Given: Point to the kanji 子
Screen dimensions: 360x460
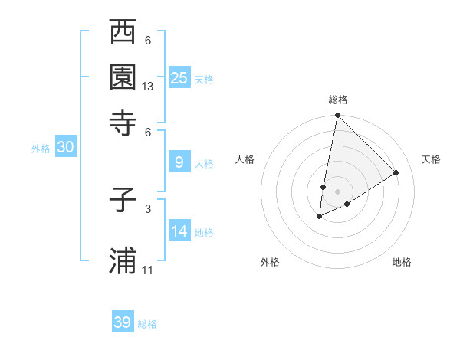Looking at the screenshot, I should pyautogui.click(x=123, y=201).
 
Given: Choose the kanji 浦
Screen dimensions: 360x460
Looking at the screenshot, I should pyautogui.click(x=123, y=260).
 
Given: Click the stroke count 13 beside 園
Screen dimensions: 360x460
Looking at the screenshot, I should pyautogui.click(x=148, y=87).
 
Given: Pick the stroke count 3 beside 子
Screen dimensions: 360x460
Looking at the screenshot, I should pyautogui.click(x=148, y=208).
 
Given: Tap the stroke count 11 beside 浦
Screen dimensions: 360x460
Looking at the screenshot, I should pyautogui.click(x=148, y=270).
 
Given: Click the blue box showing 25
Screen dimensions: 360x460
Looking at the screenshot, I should pyautogui.click(x=179, y=77).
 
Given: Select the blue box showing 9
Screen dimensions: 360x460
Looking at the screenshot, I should pyautogui.click(x=179, y=162).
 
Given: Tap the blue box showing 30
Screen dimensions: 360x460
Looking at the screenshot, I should pyautogui.click(x=65, y=148).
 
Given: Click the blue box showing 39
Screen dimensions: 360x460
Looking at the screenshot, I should pyautogui.click(x=122, y=322).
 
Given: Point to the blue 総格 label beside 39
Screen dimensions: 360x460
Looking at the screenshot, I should pyautogui.click(x=147, y=324).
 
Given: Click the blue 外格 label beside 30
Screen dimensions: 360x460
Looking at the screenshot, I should pyautogui.click(x=40, y=149).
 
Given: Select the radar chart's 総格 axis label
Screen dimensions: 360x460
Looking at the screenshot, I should pyautogui.click(x=338, y=100).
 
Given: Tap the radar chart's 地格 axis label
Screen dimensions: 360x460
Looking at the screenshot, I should pyautogui.click(x=402, y=262).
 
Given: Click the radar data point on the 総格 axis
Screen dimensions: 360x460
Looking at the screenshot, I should pyautogui.click(x=337, y=116).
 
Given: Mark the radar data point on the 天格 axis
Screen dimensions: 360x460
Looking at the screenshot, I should pyautogui.click(x=396, y=173).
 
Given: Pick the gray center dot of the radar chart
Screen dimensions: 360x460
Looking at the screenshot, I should pyautogui.click(x=337, y=191).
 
